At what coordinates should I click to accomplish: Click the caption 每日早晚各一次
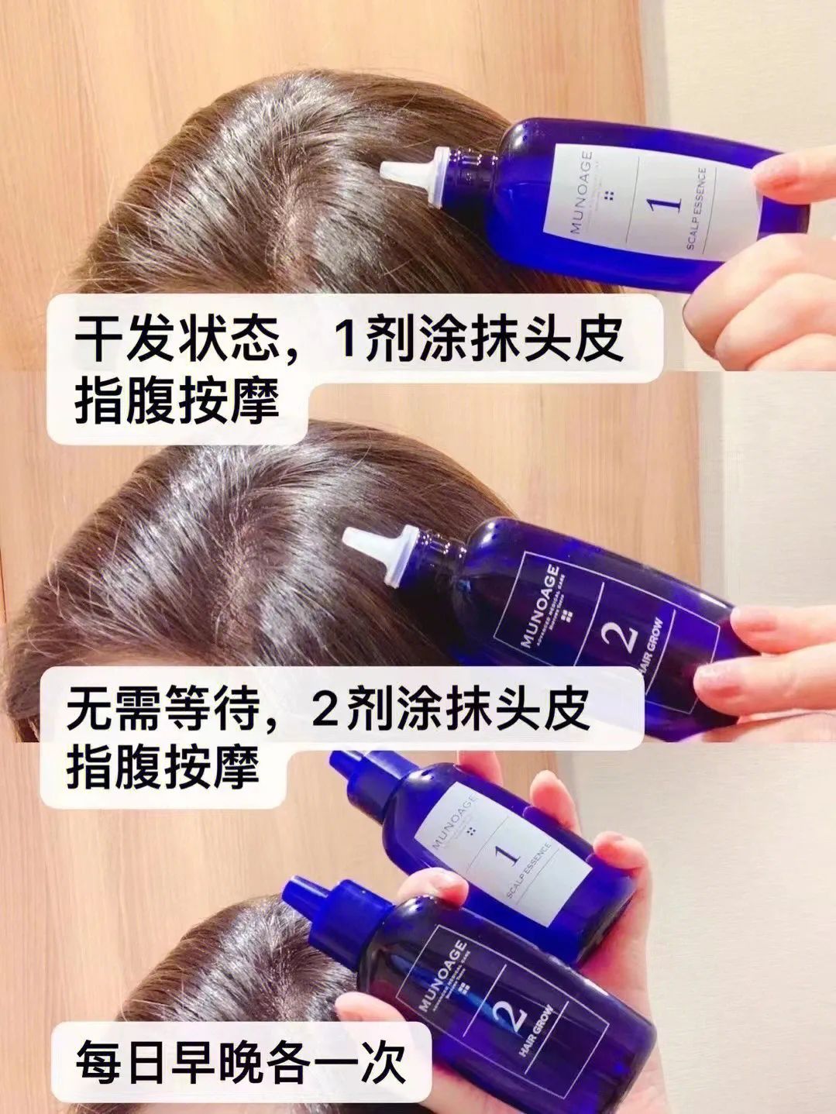(240, 1064)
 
